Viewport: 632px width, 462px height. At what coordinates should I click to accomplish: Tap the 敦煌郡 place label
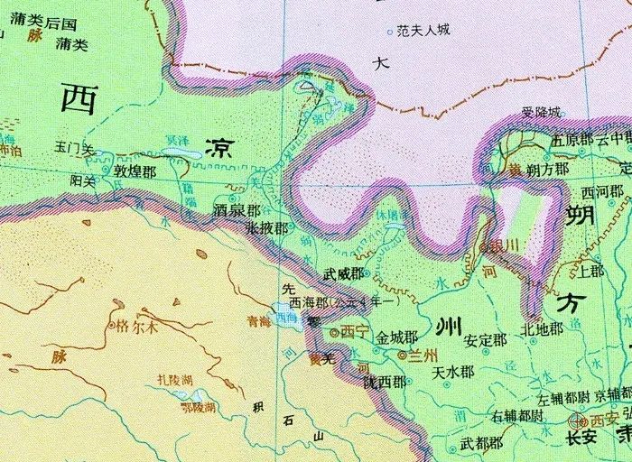pyautogui.click(x=135, y=171)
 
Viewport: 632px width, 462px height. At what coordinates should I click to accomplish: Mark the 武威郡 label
pyautogui.click(x=345, y=273)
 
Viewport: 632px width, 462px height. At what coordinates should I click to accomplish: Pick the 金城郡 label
pyautogui.click(x=396, y=338)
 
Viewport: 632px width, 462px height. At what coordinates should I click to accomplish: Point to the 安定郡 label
pyautogui.click(x=485, y=341)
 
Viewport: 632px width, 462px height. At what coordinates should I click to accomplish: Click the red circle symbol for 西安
pyautogui.click(x=578, y=420)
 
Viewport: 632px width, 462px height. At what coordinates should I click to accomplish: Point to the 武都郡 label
pyautogui.click(x=481, y=443)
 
